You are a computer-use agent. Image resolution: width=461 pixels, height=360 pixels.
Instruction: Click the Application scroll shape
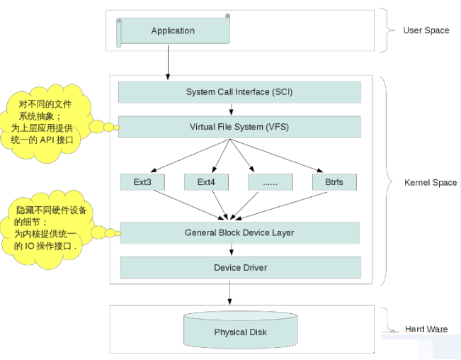(173, 31)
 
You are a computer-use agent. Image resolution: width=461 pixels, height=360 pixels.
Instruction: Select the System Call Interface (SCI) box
(239, 92)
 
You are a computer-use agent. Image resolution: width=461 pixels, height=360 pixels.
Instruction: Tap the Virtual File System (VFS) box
(239, 127)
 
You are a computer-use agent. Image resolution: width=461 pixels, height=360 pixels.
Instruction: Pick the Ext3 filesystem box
(142, 182)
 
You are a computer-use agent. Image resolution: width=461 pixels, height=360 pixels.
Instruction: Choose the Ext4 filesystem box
(206, 182)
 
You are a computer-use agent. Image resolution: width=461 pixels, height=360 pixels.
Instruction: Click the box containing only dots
(270, 182)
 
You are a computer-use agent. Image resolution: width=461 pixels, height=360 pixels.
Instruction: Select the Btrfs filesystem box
(334, 182)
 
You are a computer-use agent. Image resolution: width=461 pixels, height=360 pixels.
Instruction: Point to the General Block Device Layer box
(239, 232)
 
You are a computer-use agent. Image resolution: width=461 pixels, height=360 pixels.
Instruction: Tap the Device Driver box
(239, 267)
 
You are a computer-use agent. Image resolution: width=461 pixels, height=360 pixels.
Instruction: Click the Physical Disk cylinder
(240, 331)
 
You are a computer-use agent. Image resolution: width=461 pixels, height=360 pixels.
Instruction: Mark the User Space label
(426, 30)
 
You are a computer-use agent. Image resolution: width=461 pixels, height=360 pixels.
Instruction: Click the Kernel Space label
(430, 183)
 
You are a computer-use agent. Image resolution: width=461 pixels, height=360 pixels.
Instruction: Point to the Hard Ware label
(426, 329)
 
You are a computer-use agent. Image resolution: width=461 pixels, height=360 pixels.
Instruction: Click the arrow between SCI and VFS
(232, 109)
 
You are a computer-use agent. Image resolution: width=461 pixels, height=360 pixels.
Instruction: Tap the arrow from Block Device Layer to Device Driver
(232, 249)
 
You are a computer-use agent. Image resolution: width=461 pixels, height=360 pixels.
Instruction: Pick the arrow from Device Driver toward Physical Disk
(229, 292)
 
